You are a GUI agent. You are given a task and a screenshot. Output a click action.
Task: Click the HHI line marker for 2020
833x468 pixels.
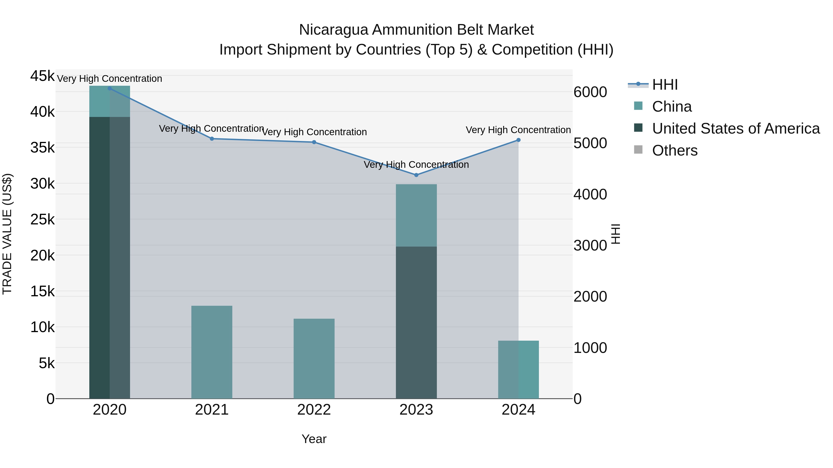pos(110,88)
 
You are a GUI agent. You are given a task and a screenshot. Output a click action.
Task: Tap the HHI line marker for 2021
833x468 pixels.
pos(212,139)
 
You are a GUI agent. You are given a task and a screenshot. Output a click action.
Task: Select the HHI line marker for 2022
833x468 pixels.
pos(314,142)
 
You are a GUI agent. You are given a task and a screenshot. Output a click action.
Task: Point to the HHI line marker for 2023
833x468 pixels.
pos(416,175)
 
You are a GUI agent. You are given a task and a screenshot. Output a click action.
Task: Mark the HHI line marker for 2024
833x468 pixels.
pos(518,140)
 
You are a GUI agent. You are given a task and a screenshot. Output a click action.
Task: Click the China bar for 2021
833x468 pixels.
pos(212,352)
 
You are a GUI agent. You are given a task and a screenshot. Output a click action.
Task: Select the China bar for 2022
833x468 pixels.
pos(314,358)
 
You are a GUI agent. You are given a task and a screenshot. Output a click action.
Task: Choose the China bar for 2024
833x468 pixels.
pos(518,370)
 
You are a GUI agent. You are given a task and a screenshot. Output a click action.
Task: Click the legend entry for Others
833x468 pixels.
pos(674,150)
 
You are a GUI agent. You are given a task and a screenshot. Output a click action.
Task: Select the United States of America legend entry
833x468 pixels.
pos(736,128)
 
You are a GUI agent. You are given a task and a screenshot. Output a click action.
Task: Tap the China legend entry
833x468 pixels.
pos(672,107)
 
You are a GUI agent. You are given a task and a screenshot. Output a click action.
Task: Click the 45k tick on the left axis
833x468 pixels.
pos(42,76)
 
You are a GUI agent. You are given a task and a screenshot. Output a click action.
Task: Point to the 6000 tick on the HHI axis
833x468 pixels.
pos(590,92)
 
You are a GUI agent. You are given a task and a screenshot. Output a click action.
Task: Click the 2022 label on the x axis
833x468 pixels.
pos(314,410)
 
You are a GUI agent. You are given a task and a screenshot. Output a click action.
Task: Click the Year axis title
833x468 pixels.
pos(314,439)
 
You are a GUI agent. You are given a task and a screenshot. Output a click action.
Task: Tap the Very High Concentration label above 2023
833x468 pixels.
pos(416,165)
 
